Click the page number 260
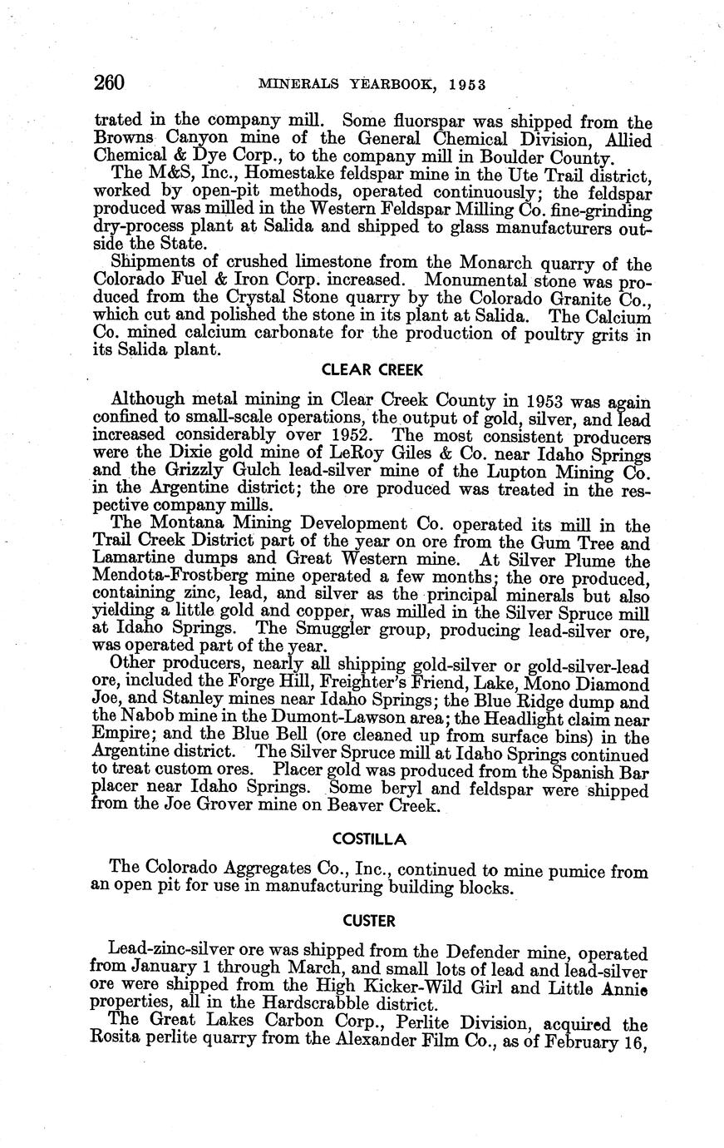coord(109,82)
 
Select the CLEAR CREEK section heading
coord(372,370)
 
